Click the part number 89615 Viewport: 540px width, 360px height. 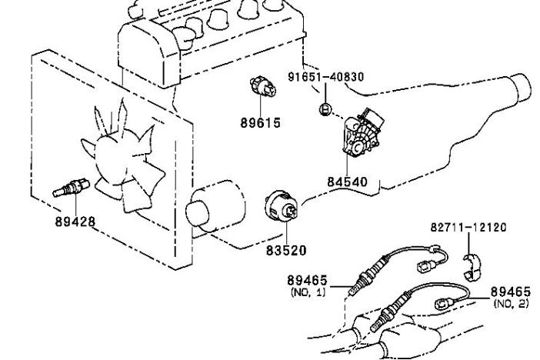tap(260, 122)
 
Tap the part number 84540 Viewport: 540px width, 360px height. tap(347, 182)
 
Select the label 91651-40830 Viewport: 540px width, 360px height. tap(326, 76)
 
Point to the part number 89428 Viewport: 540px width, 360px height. tap(75, 222)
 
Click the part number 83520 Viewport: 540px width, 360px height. tap(286, 251)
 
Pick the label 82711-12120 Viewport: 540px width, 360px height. tap(468, 228)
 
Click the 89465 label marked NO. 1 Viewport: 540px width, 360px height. tap(307, 280)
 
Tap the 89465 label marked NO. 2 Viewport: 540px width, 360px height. tap(511, 292)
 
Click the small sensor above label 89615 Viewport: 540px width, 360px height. tap(263, 87)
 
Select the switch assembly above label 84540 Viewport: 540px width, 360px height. tap(362, 132)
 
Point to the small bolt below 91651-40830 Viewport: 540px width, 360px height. tap(325, 109)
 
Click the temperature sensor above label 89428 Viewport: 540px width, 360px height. tap(71, 188)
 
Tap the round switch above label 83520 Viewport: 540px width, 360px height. tap(282, 207)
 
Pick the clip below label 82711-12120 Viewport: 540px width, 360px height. tap(471, 267)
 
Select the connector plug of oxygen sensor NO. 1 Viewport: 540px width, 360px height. tap(427, 266)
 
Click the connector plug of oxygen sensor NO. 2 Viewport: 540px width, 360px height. tap(445, 304)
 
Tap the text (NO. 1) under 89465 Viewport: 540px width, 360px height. tap(308, 292)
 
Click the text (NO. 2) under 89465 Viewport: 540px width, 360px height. tap(511, 304)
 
